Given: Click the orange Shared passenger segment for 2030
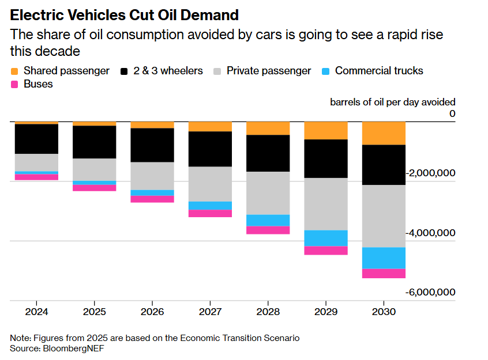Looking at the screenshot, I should [384, 133].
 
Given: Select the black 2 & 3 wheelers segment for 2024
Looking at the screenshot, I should [36, 139].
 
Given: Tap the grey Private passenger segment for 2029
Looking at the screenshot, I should [326, 204].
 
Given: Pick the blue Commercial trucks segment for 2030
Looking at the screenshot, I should [384, 258].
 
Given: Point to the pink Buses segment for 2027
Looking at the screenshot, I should [210, 213].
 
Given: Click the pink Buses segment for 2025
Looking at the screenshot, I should [94, 188].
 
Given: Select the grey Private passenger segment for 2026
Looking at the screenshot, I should [152, 176].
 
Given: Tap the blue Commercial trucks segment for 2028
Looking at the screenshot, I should [268, 220].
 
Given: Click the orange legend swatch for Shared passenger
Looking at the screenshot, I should [15, 71].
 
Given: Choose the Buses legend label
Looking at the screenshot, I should [39, 84].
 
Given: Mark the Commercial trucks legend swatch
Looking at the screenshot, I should [326, 71].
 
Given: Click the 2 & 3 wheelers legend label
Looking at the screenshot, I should [168, 71].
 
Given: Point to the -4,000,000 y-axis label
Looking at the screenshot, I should [430, 233].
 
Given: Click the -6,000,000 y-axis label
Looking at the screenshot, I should [430, 292].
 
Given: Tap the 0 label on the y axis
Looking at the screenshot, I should [452, 113].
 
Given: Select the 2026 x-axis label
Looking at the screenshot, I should [152, 312].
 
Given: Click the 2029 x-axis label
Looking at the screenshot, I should [326, 312].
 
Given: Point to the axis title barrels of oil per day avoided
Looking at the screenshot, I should [392, 102].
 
